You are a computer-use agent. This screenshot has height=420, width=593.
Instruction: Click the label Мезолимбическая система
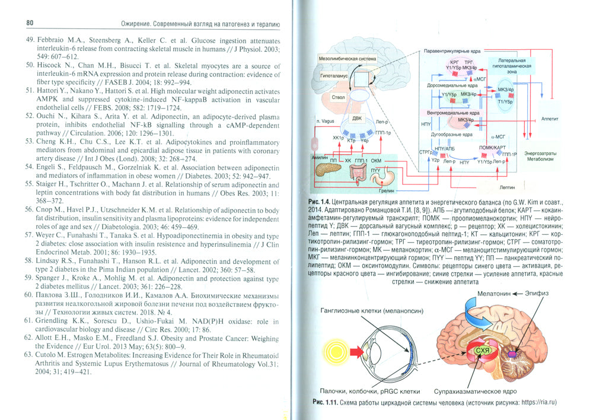click(x=348, y=59)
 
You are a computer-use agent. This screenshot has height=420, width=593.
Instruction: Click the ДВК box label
click(x=357, y=117)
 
